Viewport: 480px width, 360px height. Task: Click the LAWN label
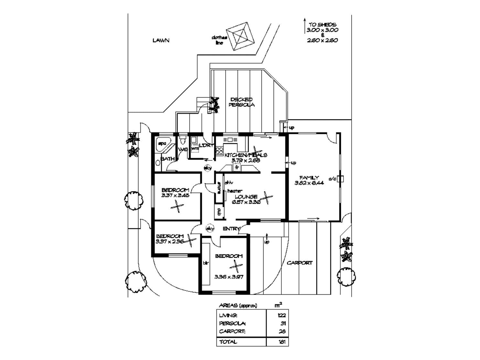[x=161, y=40]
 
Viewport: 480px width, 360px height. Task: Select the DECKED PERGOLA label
[x=242, y=102]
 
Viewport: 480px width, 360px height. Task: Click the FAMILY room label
[x=309, y=177]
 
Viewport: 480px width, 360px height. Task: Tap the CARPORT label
[x=300, y=263]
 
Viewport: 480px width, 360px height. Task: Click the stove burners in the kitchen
[x=220, y=150]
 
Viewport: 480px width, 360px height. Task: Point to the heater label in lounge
[x=235, y=191]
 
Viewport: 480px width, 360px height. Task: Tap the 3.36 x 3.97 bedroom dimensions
[x=229, y=277]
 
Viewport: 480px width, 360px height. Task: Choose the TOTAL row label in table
[x=228, y=342]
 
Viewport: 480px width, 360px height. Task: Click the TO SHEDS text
[x=322, y=24]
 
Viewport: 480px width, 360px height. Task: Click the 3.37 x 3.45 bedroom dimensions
[x=175, y=195]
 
